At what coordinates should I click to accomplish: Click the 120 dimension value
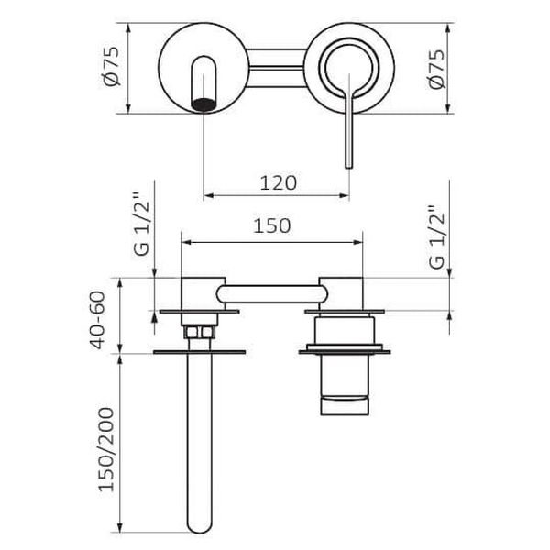(278, 183)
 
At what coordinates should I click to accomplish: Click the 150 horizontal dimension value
(272, 225)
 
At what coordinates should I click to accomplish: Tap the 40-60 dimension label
(97, 320)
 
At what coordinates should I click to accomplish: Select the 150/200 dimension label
(106, 449)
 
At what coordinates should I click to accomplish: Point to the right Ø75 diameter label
(436, 69)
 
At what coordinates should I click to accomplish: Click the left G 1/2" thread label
(141, 225)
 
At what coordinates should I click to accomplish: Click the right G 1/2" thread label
(436, 237)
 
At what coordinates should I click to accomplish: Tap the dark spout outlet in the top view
(203, 104)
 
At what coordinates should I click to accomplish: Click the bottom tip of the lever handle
(349, 167)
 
